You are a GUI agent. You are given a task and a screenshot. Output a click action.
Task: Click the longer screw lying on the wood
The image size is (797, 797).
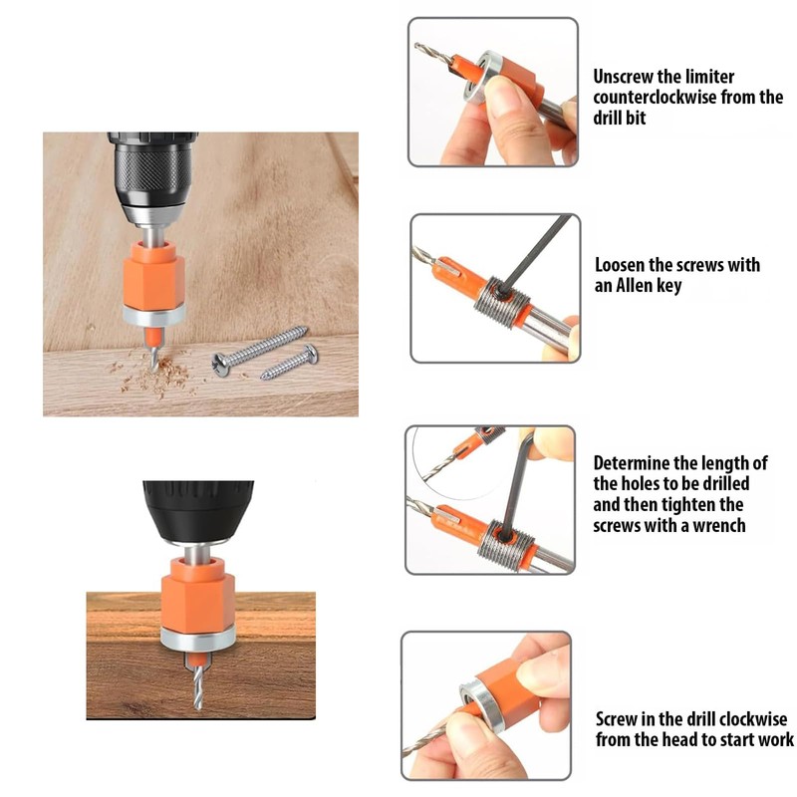click(x=260, y=345)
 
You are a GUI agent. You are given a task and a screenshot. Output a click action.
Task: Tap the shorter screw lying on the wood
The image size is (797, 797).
click(x=289, y=362)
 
